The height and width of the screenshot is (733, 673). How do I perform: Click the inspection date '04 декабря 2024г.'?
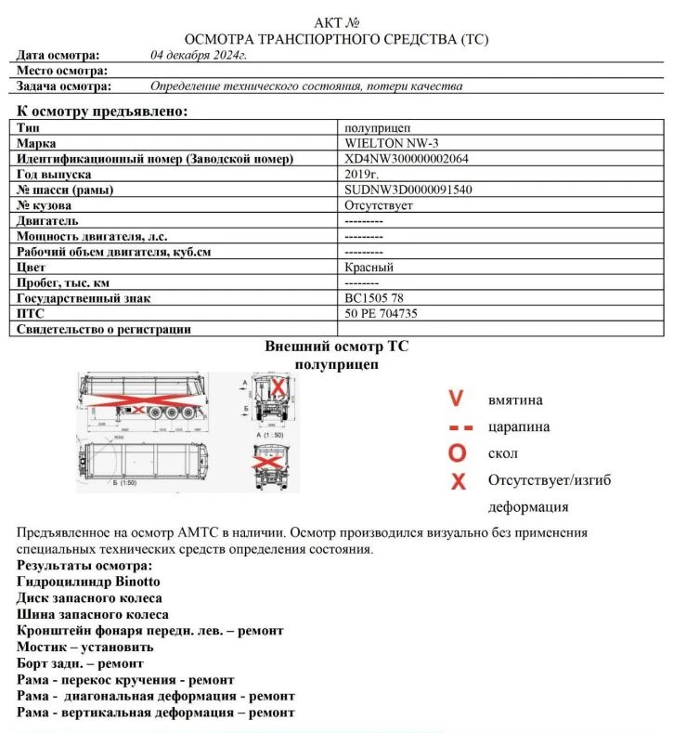198,55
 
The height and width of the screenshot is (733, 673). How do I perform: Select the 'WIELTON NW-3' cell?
382,143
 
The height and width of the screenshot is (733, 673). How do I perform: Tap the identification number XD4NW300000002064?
406,159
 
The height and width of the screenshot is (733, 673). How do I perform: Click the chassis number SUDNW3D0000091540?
408,190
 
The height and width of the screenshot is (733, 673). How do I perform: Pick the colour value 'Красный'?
369,268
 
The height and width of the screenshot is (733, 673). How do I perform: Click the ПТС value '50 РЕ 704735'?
381,314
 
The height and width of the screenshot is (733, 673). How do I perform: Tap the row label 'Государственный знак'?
84,298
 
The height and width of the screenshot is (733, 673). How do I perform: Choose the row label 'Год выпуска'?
54,174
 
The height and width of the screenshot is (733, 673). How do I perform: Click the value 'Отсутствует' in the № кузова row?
378,205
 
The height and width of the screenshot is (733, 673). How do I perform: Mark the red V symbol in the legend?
456,399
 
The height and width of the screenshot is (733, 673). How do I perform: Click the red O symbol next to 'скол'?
456,453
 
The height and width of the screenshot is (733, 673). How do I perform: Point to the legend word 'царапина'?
518,426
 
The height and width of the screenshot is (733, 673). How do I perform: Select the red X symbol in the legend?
457,481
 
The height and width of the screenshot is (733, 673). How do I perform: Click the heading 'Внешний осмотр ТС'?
336,346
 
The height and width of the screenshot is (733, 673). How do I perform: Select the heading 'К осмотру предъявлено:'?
102,111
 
